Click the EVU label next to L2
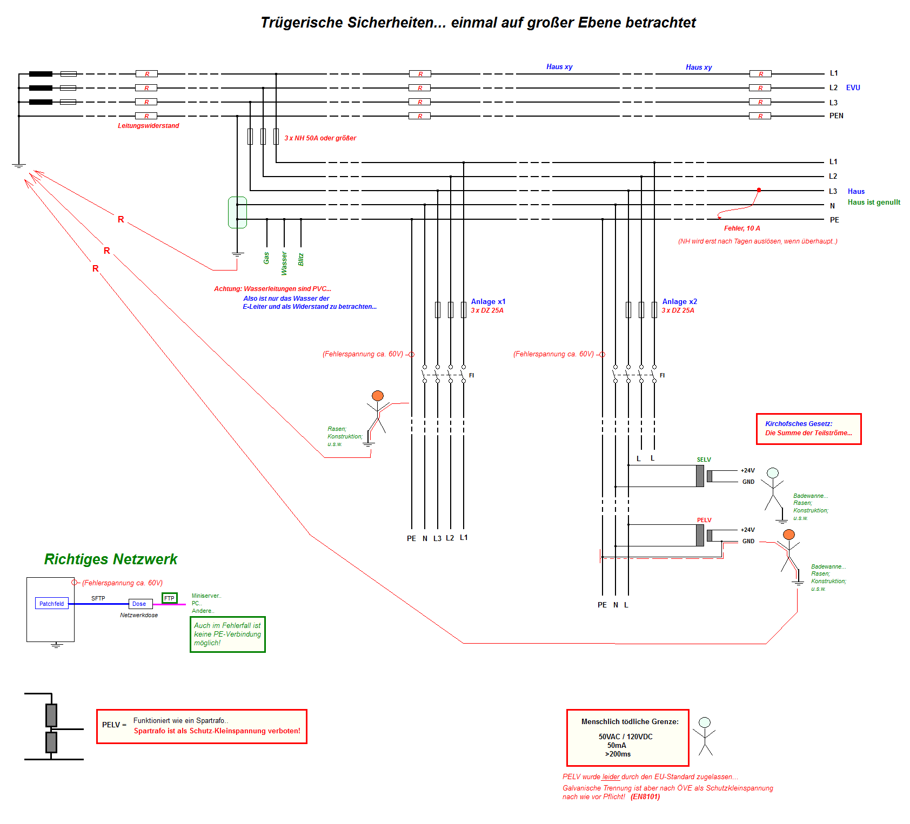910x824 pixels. (x=853, y=87)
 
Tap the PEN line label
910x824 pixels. (x=836, y=116)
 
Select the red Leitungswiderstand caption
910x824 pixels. (x=148, y=126)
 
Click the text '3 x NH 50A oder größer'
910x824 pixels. (x=320, y=138)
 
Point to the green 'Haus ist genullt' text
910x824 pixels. (x=874, y=202)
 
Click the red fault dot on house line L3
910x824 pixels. (x=759, y=190)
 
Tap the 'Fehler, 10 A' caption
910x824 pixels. (x=742, y=228)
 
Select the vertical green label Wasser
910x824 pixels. (x=284, y=263)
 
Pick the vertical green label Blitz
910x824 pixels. (x=301, y=259)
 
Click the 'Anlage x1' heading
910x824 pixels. (x=488, y=302)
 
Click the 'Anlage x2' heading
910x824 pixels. (x=679, y=302)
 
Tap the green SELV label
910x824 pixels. (x=704, y=460)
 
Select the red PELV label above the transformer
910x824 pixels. (x=704, y=521)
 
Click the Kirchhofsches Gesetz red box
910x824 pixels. (x=808, y=429)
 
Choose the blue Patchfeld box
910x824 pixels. (x=51, y=604)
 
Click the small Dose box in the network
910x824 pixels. (x=139, y=604)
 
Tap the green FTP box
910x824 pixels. (x=169, y=598)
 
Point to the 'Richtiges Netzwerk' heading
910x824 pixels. (x=111, y=559)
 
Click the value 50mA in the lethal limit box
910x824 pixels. (x=617, y=745)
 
